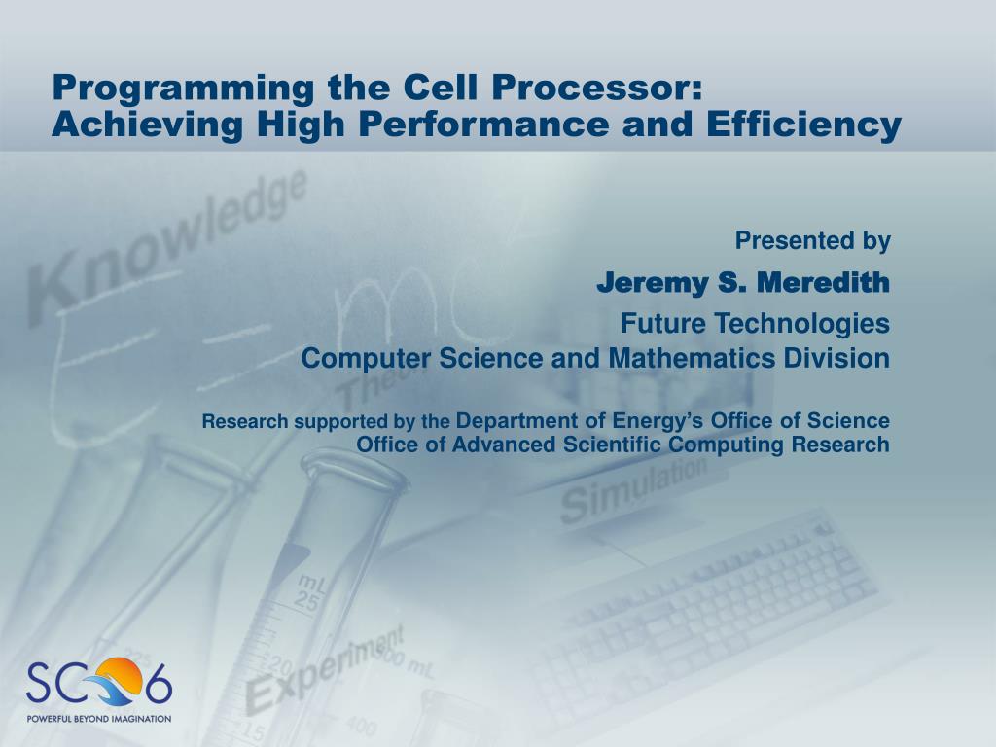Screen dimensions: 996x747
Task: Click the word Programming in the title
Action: point(183,89)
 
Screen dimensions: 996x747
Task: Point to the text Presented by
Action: point(812,241)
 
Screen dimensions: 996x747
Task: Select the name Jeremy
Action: point(653,284)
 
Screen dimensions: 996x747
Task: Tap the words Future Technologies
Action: point(755,324)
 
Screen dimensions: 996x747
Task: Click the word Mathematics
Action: point(692,358)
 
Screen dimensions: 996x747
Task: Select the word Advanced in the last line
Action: point(504,445)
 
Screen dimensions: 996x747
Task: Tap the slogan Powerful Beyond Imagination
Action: point(98,719)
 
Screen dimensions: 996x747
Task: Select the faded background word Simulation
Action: point(633,490)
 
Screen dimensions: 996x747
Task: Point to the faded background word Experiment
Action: point(325,669)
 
